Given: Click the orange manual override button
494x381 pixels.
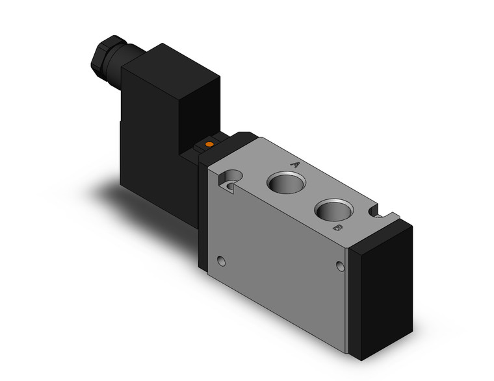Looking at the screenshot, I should (209, 143).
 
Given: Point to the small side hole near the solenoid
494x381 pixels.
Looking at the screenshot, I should (223, 262).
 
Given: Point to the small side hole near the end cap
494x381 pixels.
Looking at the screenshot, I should (341, 265).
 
